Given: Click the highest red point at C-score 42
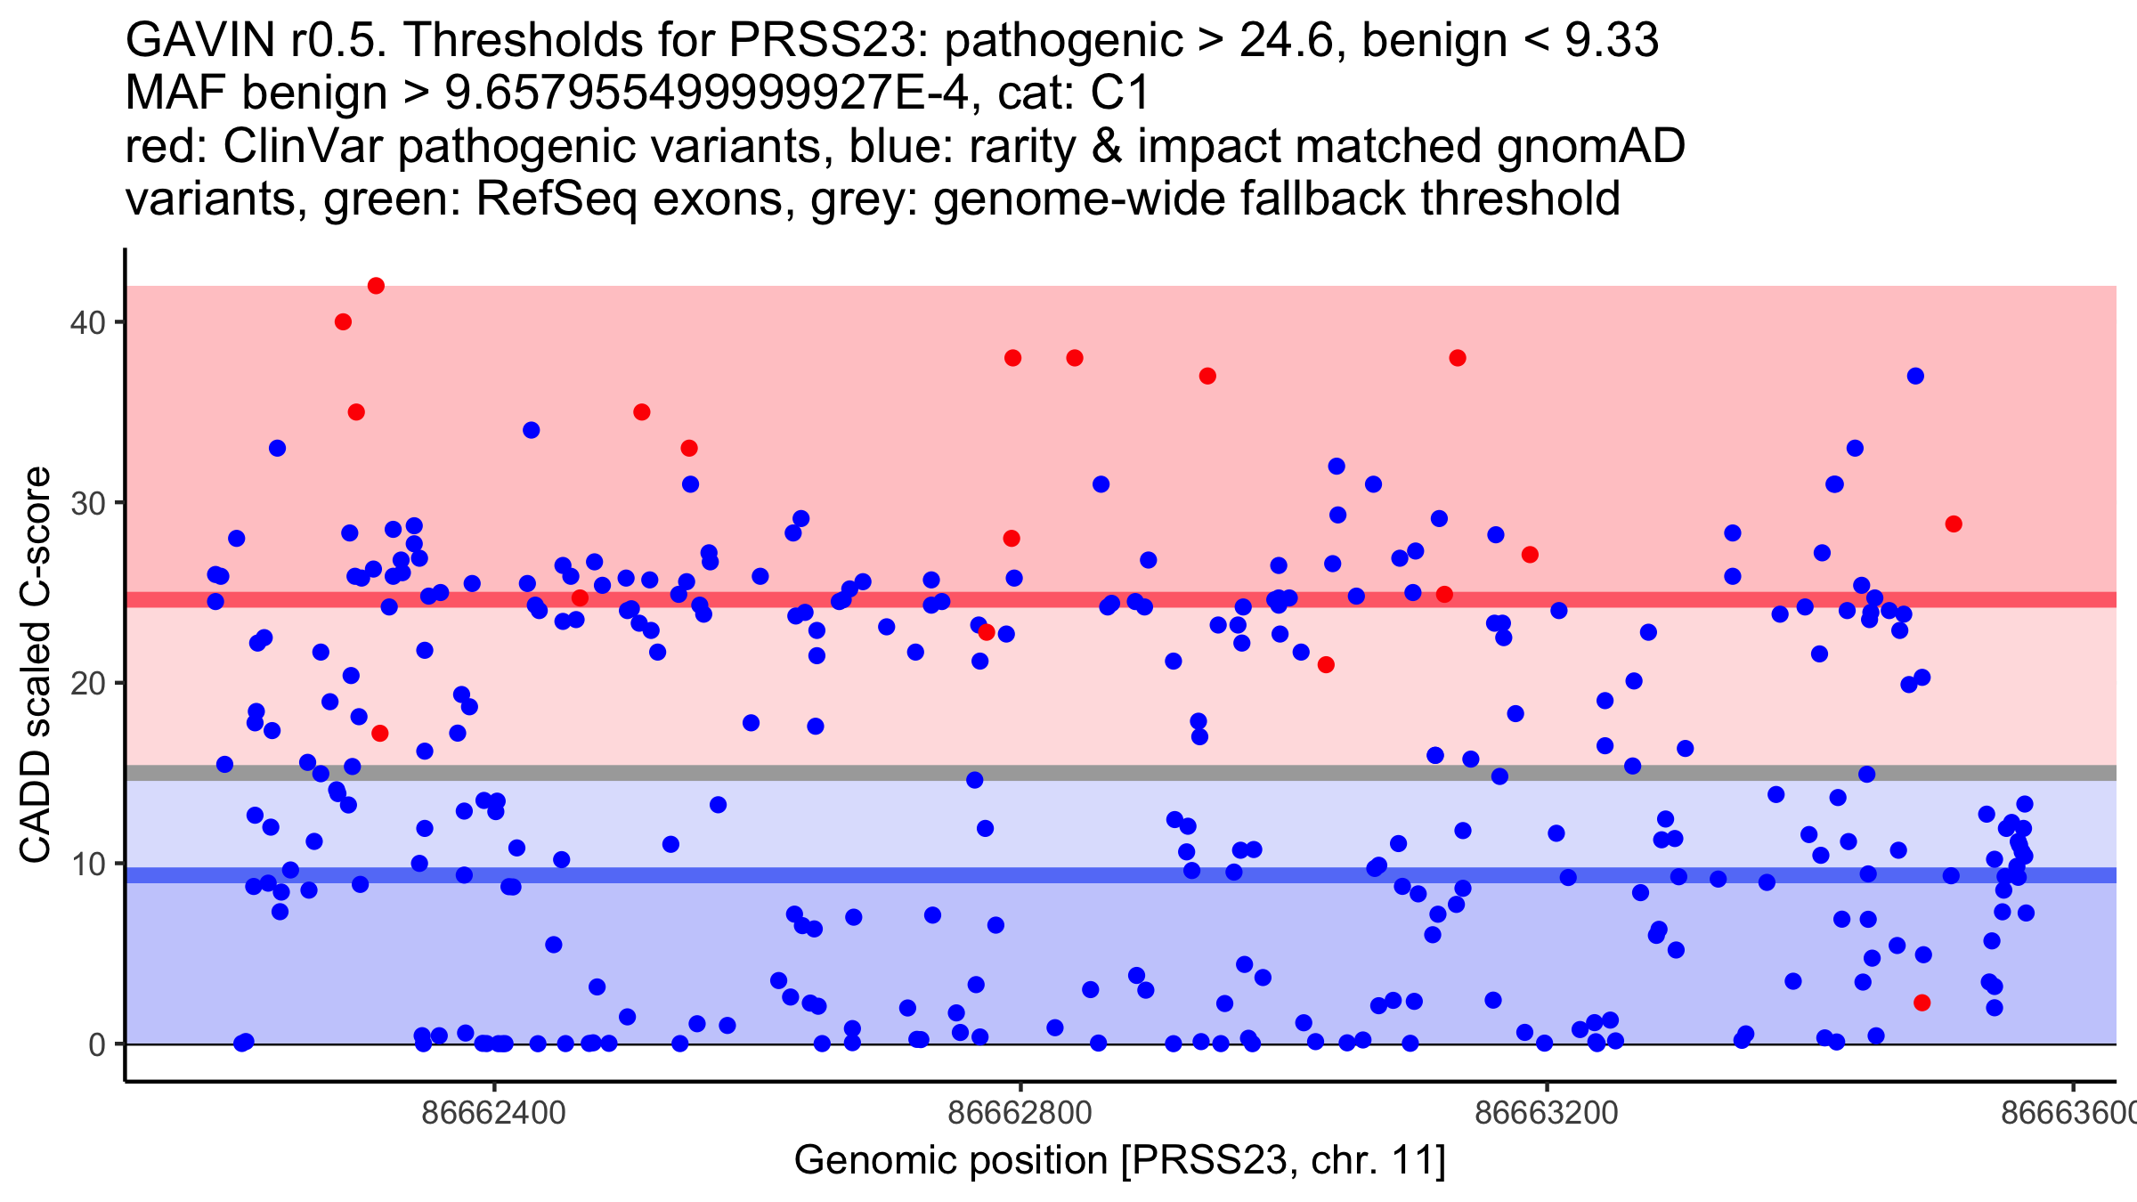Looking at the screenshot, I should (376, 286).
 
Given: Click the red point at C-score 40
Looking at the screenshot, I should (343, 321).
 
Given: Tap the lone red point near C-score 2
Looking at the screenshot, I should (1922, 1003).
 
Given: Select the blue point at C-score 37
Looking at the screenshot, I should (1915, 376).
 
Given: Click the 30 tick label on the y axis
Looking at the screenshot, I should (87, 503).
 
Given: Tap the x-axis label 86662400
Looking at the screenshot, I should (493, 1113).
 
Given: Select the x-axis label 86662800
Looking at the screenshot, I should (1020, 1113).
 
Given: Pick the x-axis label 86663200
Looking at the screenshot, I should (1547, 1113).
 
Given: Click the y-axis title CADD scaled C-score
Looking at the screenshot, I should (36, 664).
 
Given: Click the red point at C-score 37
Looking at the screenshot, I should (1207, 376).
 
